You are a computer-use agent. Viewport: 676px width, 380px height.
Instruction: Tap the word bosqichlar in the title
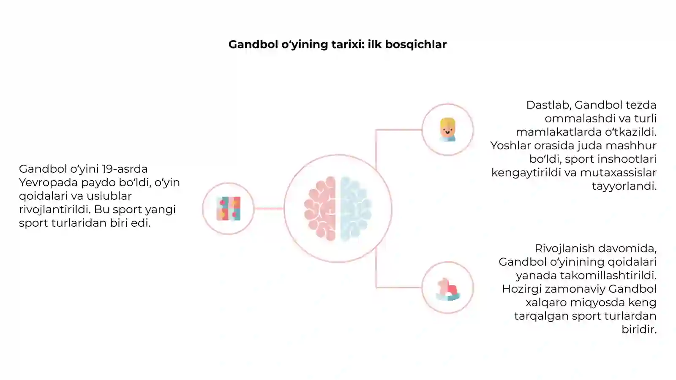pyautogui.click(x=416, y=44)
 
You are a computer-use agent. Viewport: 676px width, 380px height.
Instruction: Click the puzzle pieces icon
pyautogui.click(x=229, y=209)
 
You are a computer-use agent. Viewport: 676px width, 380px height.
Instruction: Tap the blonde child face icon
pyautogui.click(x=447, y=130)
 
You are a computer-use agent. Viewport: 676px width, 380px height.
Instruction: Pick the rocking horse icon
pyautogui.click(x=448, y=289)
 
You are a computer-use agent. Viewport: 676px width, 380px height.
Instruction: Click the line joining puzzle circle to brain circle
pyautogui.click(x=269, y=208)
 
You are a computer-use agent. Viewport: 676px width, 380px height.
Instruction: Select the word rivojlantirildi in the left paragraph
pyautogui.click(x=54, y=209)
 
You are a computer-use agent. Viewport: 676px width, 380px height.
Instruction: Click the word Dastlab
pyautogui.click(x=549, y=105)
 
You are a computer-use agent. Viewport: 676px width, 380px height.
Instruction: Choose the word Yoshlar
pyautogui.click(x=511, y=146)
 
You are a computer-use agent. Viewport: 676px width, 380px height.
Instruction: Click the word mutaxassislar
pyautogui.click(x=618, y=173)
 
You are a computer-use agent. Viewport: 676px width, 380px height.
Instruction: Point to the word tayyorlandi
pyautogui.click(x=624, y=186)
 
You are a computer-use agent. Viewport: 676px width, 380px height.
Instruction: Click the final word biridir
pyautogui.click(x=639, y=329)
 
